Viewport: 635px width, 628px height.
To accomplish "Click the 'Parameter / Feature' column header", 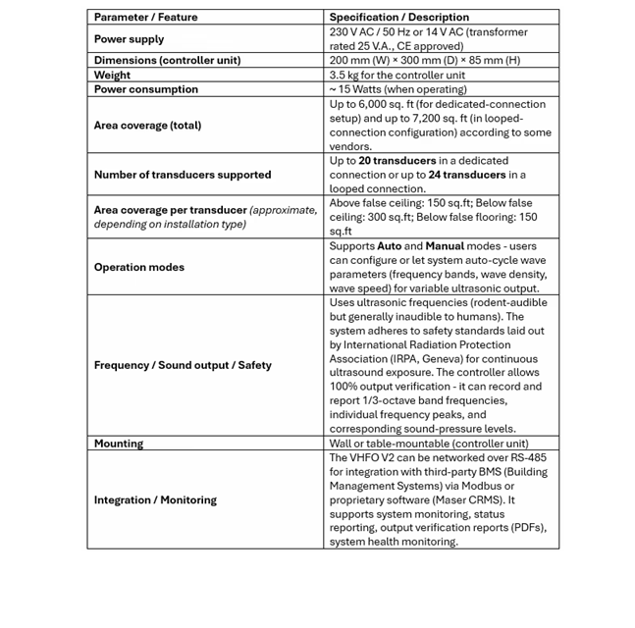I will coord(145,17).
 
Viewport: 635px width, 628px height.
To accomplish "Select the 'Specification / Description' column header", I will coord(398,17).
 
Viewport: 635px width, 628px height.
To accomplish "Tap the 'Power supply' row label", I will coord(129,39).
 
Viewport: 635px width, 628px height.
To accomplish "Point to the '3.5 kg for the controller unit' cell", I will coord(397,75).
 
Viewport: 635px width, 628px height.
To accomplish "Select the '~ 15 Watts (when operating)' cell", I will coord(397,89).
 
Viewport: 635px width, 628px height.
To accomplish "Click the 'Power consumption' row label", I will coord(145,89).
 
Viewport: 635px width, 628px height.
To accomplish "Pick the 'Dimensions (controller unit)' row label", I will coord(167,60).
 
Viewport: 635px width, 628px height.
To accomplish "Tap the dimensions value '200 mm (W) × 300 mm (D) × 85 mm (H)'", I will coord(424,60).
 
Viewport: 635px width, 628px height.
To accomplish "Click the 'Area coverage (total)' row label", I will coord(147,126).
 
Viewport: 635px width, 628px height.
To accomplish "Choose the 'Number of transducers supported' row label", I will coord(182,175).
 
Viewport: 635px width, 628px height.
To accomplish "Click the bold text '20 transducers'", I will coord(397,161).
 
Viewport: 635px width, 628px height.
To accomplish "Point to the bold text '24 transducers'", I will coord(466,175).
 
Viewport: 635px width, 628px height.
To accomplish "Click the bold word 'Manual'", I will coord(445,246).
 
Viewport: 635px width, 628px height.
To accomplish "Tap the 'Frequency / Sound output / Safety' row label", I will coord(183,365).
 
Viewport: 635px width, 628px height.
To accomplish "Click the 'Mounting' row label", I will coord(118,444).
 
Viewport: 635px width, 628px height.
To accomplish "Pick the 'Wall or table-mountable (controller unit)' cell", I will coord(428,444).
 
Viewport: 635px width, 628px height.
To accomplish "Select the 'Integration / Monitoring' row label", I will coord(155,499).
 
